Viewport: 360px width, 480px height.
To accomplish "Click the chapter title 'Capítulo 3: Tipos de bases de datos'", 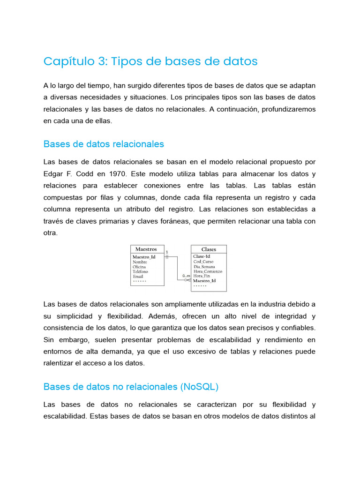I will pyautogui.click(x=150, y=61).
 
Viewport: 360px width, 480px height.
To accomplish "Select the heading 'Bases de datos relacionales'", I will pyautogui.click(x=104, y=143).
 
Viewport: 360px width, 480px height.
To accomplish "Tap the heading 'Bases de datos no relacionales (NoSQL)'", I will pyautogui.click(x=131, y=387).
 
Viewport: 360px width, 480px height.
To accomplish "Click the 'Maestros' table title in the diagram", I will pyautogui.click(x=146, y=249).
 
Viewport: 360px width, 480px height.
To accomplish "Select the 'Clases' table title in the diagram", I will pyautogui.click(x=209, y=249).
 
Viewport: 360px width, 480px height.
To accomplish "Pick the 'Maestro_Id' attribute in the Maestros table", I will pyautogui.click(x=144, y=257).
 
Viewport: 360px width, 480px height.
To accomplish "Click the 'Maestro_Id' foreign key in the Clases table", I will pyautogui.click(x=204, y=281).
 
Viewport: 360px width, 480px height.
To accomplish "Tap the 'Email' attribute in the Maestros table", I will pyautogui.click(x=138, y=277).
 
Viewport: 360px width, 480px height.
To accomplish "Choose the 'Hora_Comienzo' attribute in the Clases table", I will pyautogui.click(x=208, y=271).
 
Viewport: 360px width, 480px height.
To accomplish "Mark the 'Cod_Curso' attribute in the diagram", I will pyautogui.click(x=203, y=262).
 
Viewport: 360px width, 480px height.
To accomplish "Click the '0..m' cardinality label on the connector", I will pyautogui.click(x=186, y=276).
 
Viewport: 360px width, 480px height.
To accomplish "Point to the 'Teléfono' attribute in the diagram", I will pyautogui.click(x=140, y=271).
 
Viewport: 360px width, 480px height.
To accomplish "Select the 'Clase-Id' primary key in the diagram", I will pyautogui.click(x=202, y=256).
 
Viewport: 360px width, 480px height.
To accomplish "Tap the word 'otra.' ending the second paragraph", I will pyautogui.click(x=51, y=233).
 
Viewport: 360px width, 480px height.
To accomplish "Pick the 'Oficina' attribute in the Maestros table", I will pyautogui.click(x=139, y=267).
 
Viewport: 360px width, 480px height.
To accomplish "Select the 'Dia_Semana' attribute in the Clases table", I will pyautogui.click(x=205, y=267).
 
